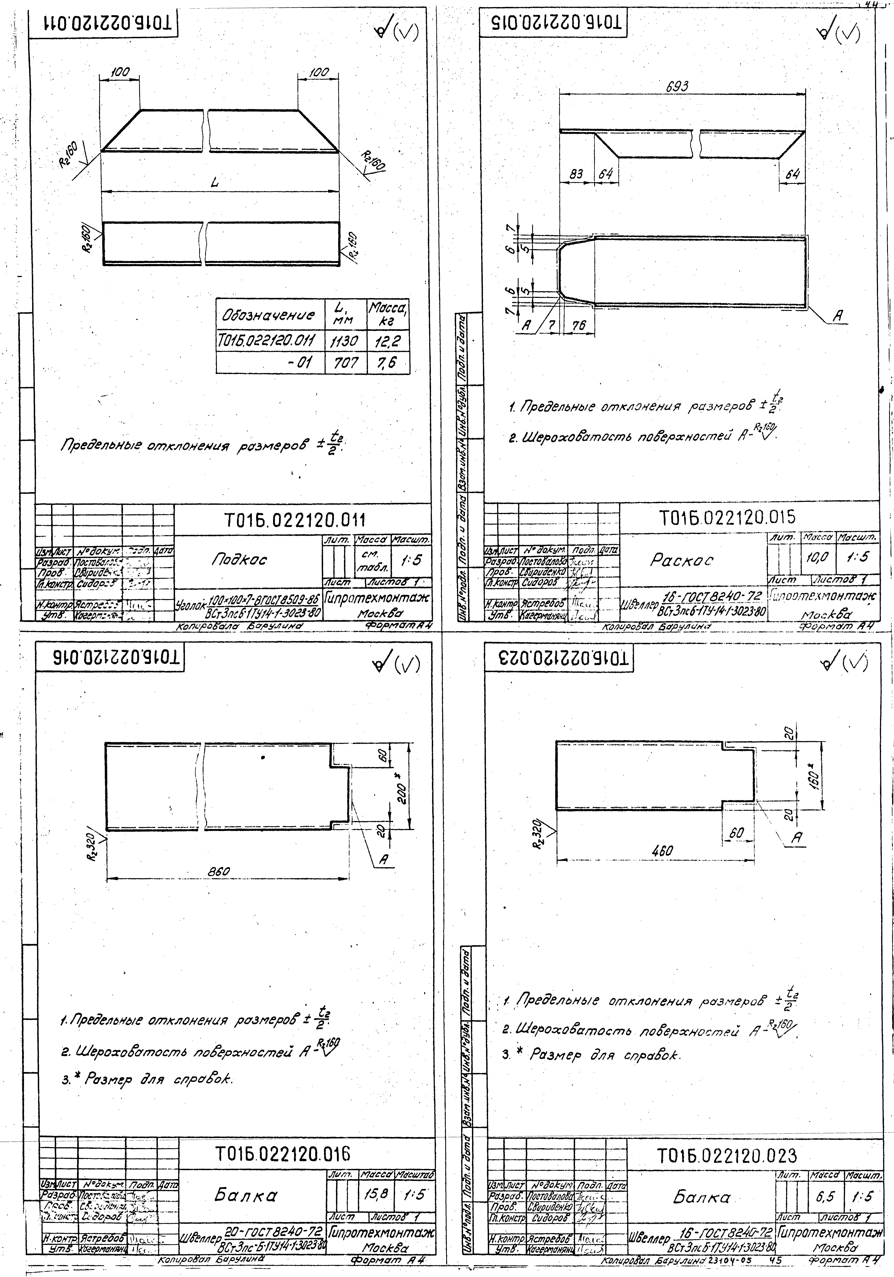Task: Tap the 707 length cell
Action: (345, 363)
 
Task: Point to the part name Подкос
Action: (239, 560)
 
